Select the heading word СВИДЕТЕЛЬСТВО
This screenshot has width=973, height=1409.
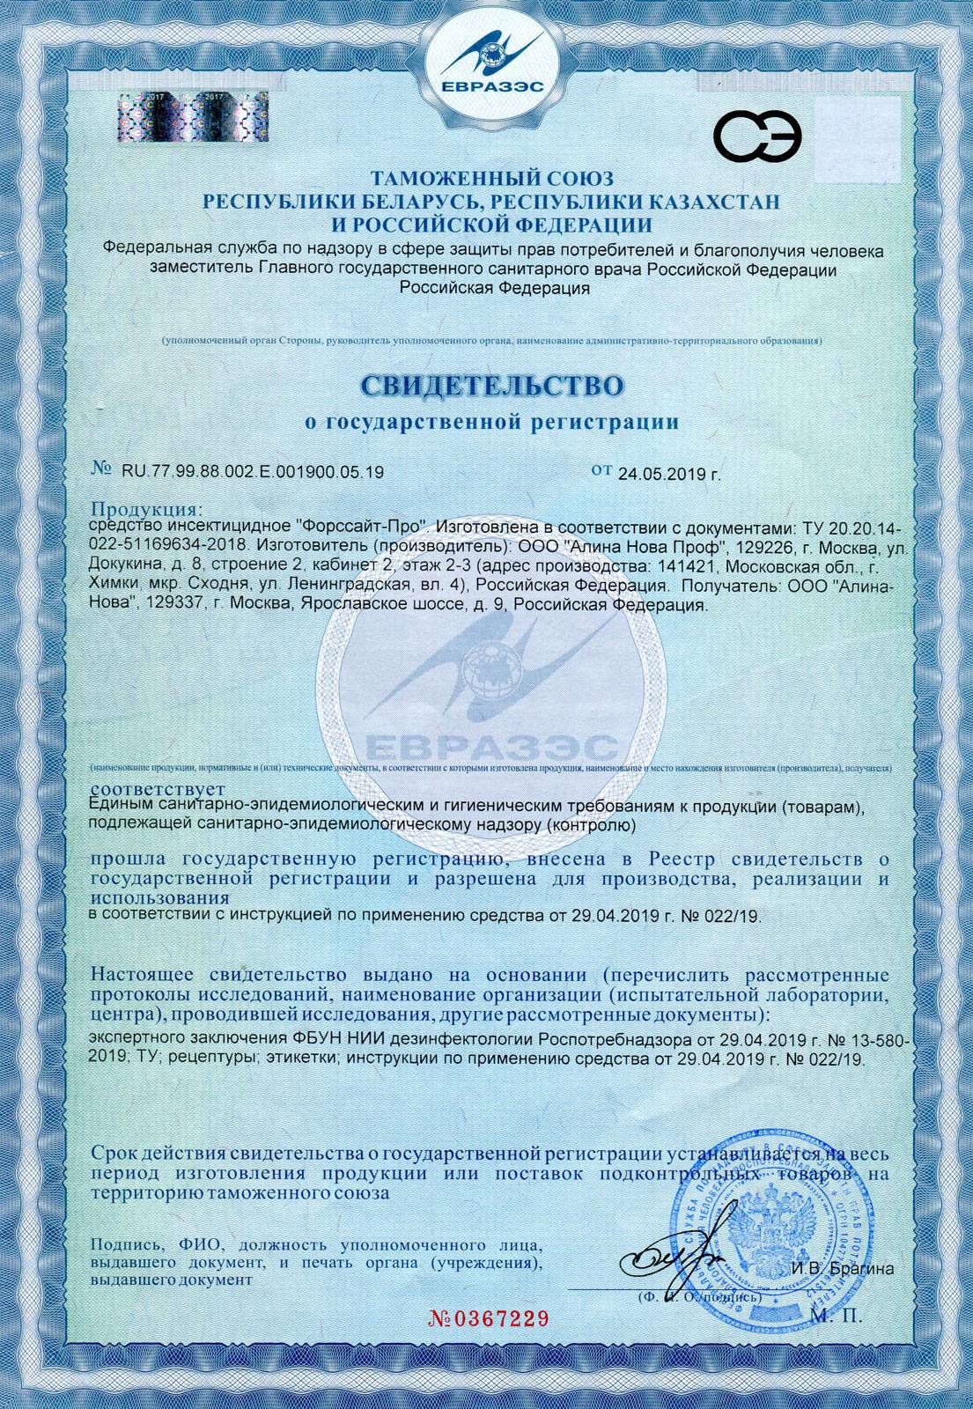(x=491, y=386)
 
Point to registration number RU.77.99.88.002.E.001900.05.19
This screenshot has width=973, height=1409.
(x=252, y=472)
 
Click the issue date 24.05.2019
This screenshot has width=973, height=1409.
(x=660, y=474)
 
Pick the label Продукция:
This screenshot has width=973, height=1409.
(x=147, y=510)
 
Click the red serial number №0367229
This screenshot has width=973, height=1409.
(x=488, y=1318)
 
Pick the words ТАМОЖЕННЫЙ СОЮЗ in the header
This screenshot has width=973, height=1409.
(x=491, y=181)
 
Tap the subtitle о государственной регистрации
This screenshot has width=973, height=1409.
(x=491, y=423)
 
